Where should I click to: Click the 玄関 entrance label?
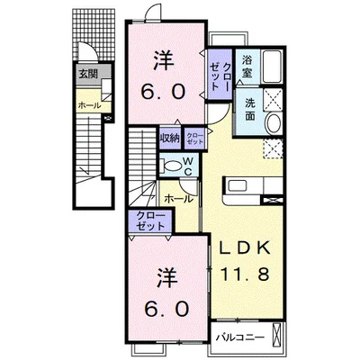88,74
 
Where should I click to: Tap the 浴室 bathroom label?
247,67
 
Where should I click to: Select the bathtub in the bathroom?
272,67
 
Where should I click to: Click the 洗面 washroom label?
250,110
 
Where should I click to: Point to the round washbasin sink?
274,123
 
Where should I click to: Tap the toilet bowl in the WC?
172,166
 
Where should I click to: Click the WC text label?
188,166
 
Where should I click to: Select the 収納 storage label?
170,139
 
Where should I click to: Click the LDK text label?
245,247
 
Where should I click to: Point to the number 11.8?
245,274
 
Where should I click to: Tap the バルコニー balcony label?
240,337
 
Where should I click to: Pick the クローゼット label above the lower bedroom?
150,221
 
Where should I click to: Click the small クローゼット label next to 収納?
195,139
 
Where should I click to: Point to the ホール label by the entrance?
89,105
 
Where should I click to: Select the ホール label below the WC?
179,199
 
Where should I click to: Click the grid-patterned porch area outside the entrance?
94,34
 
